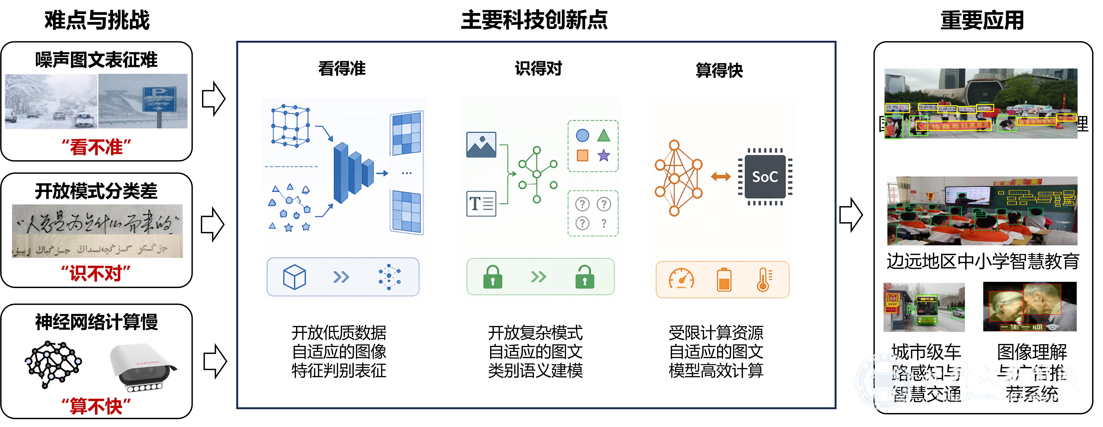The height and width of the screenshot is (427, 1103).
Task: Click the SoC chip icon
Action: tap(765, 176)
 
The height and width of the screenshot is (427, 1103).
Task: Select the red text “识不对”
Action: tap(96, 273)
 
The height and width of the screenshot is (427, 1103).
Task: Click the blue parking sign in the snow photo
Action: tap(159, 99)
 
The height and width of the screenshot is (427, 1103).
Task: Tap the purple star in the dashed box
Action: tap(604, 155)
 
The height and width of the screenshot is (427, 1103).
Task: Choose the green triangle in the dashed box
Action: tap(604, 135)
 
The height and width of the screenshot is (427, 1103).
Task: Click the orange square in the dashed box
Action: tap(582, 155)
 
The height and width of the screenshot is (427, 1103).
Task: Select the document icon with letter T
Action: tap(481, 204)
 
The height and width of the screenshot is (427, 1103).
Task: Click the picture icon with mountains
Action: tap(481, 145)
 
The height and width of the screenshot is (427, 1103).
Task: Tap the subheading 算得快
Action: tap(719, 70)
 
